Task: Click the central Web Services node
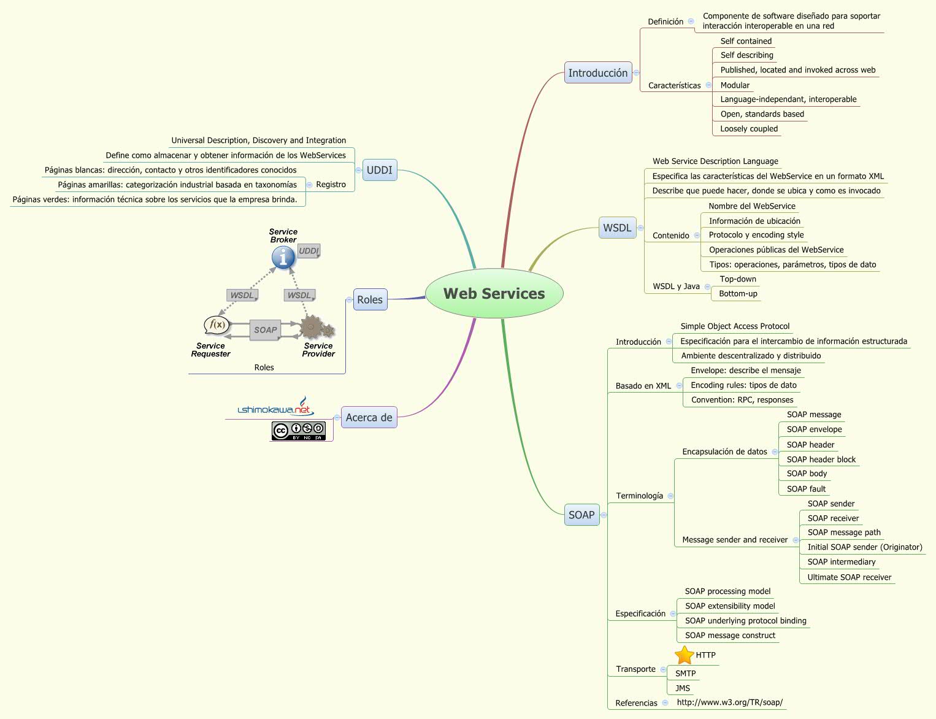(x=494, y=294)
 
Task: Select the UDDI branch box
(x=379, y=170)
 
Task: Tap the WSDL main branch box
(x=616, y=228)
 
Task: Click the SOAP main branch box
(x=581, y=515)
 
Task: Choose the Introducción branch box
(x=597, y=73)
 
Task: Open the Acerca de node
(x=369, y=418)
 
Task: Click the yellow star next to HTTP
(x=684, y=655)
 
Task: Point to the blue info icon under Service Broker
(x=283, y=258)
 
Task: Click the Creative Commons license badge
(x=298, y=431)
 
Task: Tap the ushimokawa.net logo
(x=275, y=408)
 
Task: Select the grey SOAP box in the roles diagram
(x=265, y=330)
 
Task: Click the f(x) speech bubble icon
(x=217, y=325)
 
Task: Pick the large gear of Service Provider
(x=311, y=327)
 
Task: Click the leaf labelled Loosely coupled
(x=749, y=129)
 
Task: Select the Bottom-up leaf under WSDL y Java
(x=738, y=294)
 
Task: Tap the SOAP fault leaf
(x=806, y=489)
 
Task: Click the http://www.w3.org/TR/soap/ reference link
(x=729, y=702)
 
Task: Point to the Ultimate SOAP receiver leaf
(x=849, y=577)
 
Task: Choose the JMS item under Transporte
(x=682, y=688)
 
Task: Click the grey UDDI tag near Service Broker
(x=309, y=251)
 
